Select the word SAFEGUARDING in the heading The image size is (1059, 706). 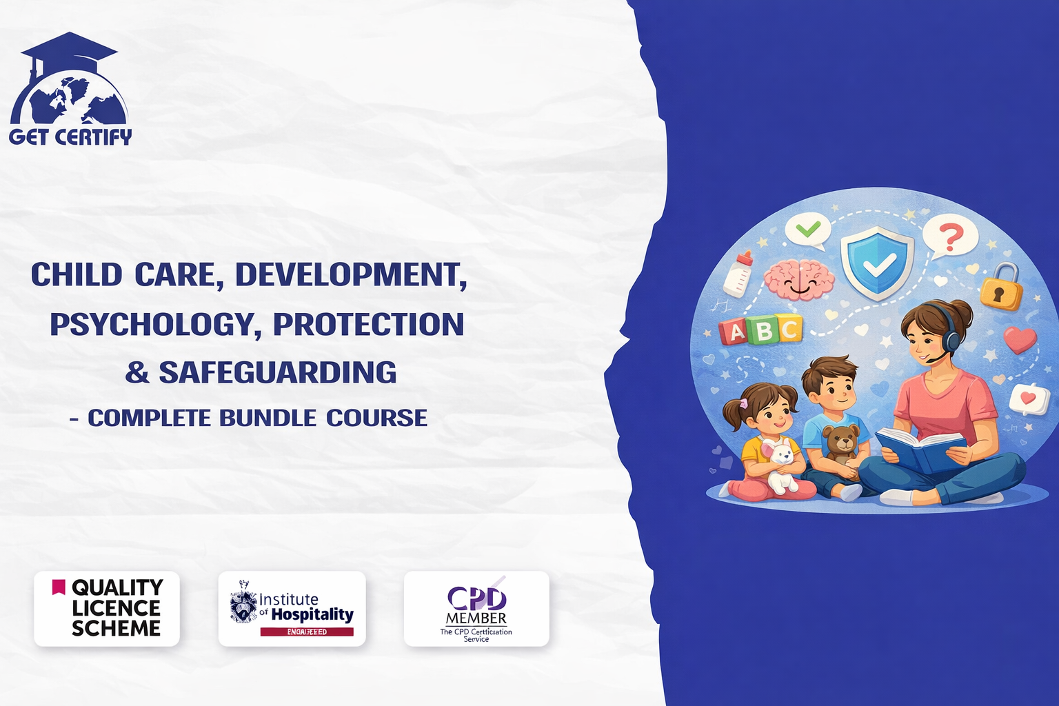click(278, 373)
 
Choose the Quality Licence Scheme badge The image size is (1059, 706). click(107, 608)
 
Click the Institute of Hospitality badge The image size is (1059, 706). click(292, 608)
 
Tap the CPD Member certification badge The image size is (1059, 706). click(476, 608)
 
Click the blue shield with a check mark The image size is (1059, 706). click(877, 263)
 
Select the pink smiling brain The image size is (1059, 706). click(798, 279)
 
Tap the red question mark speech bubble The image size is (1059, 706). click(951, 236)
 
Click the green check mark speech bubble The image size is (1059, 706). click(808, 230)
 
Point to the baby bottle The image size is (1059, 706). click(738, 274)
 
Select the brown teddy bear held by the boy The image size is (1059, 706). click(841, 443)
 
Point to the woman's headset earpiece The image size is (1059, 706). click(953, 340)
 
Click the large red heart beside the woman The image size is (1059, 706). click(1020, 340)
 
